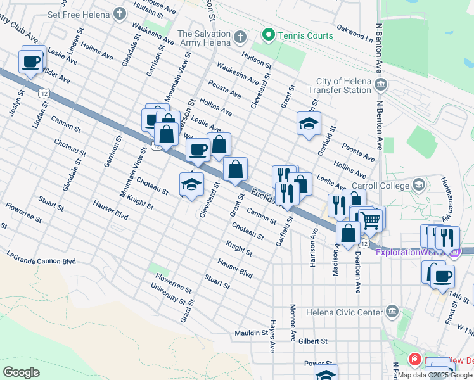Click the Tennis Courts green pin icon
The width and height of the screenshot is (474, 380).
click(269, 35)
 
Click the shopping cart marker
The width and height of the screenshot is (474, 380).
click(371, 220)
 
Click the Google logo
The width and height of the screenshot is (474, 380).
click(22, 372)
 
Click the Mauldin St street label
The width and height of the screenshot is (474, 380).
click(251, 332)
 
